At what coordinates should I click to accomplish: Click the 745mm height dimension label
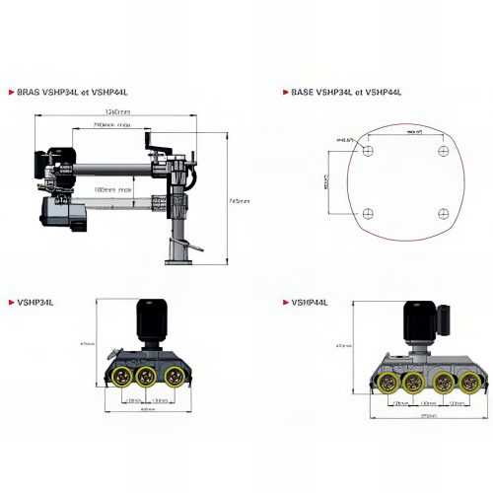[240, 201]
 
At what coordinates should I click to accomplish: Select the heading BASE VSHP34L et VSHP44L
[347, 92]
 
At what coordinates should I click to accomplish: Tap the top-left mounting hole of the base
[368, 151]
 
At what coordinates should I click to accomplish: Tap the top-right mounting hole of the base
[443, 151]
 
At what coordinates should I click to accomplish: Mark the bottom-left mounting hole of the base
[368, 215]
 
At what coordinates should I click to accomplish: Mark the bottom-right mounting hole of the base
[443, 215]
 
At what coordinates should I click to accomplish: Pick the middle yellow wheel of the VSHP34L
[149, 377]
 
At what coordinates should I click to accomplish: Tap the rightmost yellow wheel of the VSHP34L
[175, 377]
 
